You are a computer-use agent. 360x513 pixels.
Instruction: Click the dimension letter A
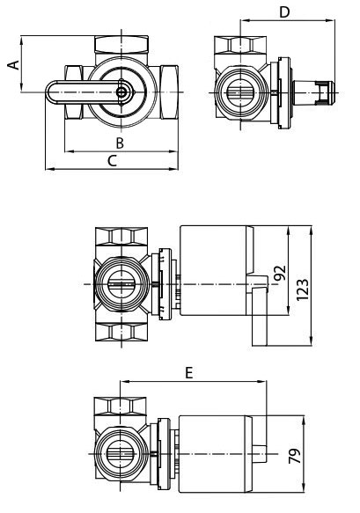click(x=12, y=64)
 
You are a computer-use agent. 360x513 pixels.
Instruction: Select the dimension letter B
click(x=119, y=143)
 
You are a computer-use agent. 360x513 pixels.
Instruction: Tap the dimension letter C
click(x=111, y=160)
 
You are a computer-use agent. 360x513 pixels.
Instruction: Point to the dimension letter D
click(x=283, y=11)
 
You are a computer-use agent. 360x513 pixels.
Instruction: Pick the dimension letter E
click(x=188, y=373)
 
